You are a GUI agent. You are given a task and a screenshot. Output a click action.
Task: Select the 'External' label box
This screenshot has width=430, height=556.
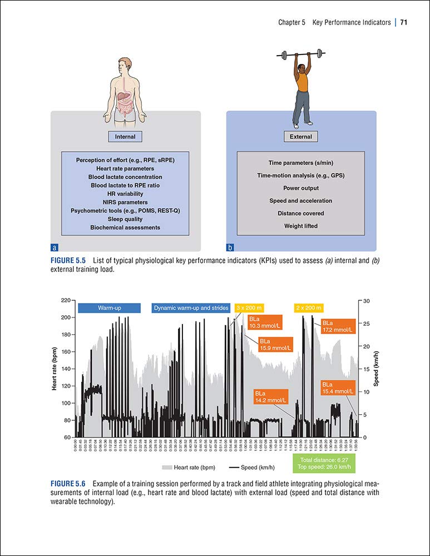click(x=301, y=137)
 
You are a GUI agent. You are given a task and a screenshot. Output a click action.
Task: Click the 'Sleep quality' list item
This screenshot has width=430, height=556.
click(x=125, y=219)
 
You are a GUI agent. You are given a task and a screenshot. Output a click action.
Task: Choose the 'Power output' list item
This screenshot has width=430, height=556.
click(x=301, y=188)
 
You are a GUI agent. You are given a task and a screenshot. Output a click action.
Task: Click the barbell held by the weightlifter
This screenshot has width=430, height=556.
click(x=301, y=55)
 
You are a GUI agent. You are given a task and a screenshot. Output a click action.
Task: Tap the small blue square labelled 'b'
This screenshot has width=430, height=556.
click(x=230, y=247)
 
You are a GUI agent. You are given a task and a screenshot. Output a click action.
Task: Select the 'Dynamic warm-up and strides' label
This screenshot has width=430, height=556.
click(x=191, y=307)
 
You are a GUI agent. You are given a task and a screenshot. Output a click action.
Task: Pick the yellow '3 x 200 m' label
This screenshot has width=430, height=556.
click(x=249, y=307)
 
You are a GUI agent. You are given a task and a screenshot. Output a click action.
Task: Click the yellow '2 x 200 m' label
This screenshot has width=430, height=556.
click(x=308, y=307)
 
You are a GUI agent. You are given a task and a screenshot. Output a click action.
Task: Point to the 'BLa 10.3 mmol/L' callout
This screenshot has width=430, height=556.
click(x=267, y=322)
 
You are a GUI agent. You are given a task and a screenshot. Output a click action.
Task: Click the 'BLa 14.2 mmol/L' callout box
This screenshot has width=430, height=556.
click(x=270, y=396)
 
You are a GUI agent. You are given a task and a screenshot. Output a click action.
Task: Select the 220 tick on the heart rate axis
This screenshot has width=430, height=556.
click(x=66, y=301)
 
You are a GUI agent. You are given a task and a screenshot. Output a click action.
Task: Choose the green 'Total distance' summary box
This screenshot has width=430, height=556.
click(x=323, y=464)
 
